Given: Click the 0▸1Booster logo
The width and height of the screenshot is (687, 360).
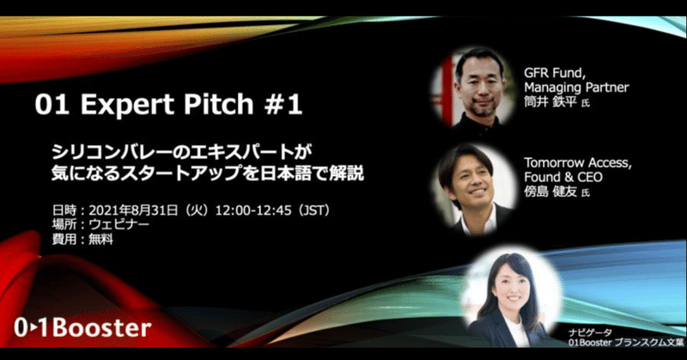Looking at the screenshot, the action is (x=82, y=328).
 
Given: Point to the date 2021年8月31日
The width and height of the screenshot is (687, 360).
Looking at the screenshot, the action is (x=133, y=211).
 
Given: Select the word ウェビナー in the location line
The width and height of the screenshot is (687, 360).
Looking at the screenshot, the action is (x=119, y=224).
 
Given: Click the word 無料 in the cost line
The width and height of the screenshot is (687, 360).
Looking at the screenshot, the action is (x=100, y=239).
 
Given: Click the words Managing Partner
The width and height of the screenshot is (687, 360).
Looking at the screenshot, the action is (x=576, y=88).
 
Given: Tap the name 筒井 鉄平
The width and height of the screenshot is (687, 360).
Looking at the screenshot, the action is (x=550, y=101).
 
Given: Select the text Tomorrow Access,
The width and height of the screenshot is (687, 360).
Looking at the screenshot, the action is (x=578, y=162).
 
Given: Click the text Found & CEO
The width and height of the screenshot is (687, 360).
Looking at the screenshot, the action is (x=563, y=177).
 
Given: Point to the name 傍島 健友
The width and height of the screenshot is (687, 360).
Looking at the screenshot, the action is (x=550, y=192).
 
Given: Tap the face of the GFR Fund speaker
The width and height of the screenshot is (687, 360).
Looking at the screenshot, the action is (x=479, y=86).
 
